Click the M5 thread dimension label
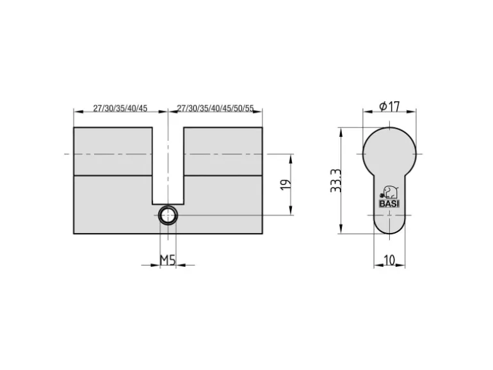167,261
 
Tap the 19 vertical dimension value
286,184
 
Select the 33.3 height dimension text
335,181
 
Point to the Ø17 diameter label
389,106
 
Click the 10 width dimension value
389,261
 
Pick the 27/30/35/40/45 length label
120,108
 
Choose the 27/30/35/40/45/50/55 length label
215,108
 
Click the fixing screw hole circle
168,215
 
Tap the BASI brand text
389,204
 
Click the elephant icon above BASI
390,193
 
